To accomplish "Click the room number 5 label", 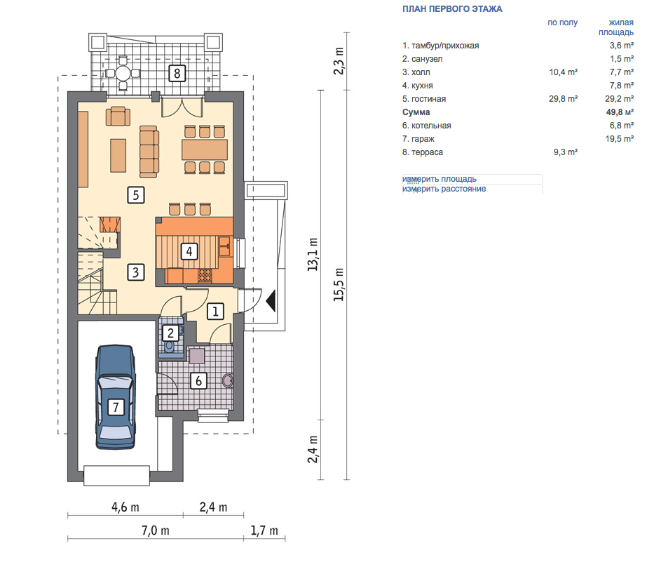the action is click(x=135, y=195).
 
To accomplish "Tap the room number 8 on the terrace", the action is click(x=177, y=74).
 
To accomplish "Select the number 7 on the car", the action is click(x=116, y=406).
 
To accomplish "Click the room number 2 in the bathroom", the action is click(x=170, y=333).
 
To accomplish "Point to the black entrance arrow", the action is click(x=271, y=300).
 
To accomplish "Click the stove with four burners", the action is click(x=205, y=275).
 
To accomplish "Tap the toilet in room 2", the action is click(x=169, y=347).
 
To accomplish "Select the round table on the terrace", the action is click(x=123, y=74).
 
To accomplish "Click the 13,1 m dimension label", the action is click(x=313, y=254).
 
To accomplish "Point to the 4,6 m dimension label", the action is click(x=125, y=507).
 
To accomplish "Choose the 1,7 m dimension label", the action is click(x=264, y=530).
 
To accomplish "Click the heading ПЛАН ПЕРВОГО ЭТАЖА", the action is click(x=452, y=9).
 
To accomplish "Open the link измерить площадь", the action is click(x=440, y=179).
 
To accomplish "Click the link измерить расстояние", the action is click(x=444, y=189).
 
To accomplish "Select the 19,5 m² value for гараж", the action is click(x=620, y=139).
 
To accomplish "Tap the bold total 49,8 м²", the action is click(x=620, y=112).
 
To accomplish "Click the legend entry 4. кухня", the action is click(x=418, y=86).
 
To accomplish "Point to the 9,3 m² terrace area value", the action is click(x=566, y=152).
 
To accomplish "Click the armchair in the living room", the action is click(x=118, y=116).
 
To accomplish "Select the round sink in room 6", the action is click(x=228, y=381).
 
